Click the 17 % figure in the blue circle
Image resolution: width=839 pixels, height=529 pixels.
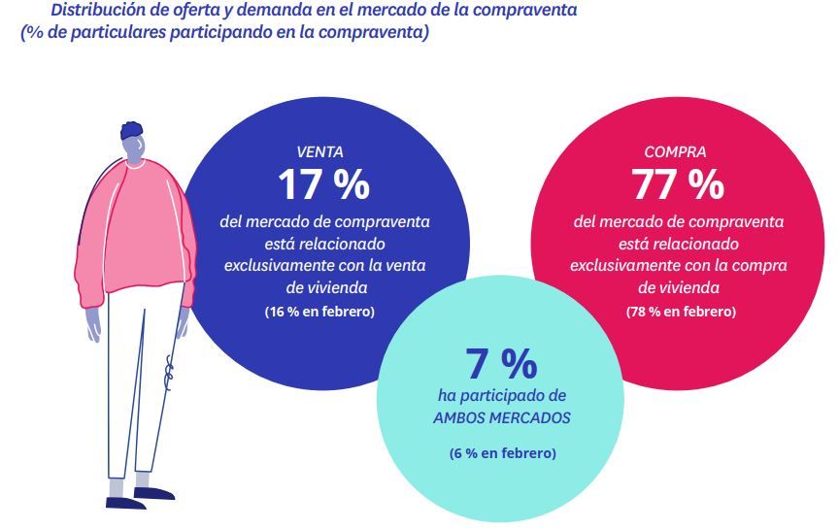323,183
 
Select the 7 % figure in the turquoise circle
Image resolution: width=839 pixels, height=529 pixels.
501,364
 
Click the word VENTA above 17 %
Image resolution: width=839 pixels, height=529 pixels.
319,151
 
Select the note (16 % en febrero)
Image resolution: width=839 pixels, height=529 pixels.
319,312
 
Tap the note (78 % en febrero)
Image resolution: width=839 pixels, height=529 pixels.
681,312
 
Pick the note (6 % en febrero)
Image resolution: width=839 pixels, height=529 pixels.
502,453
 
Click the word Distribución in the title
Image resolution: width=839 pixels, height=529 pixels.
95,11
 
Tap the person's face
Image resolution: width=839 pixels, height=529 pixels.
134,148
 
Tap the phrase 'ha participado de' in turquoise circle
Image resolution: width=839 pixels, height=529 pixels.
502,396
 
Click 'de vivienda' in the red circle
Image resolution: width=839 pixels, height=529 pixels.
678,287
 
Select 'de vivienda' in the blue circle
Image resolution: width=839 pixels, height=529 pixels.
325,287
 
